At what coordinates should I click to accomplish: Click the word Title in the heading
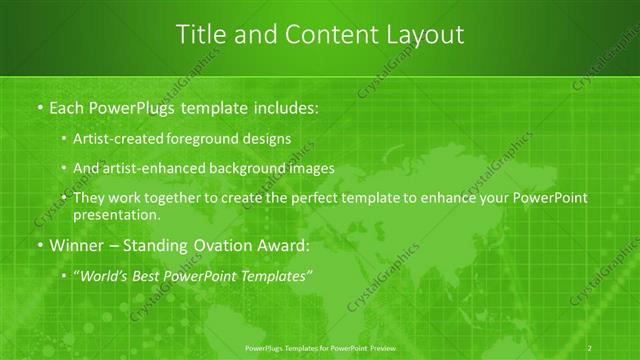coord(201,34)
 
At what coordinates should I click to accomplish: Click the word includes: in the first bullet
coord(279,106)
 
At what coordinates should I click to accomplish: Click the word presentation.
coord(117,215)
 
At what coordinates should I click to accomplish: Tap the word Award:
coord(286,245)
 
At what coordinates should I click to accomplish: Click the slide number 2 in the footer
coord(590,346)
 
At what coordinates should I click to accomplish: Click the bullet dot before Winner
coord(39,246)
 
